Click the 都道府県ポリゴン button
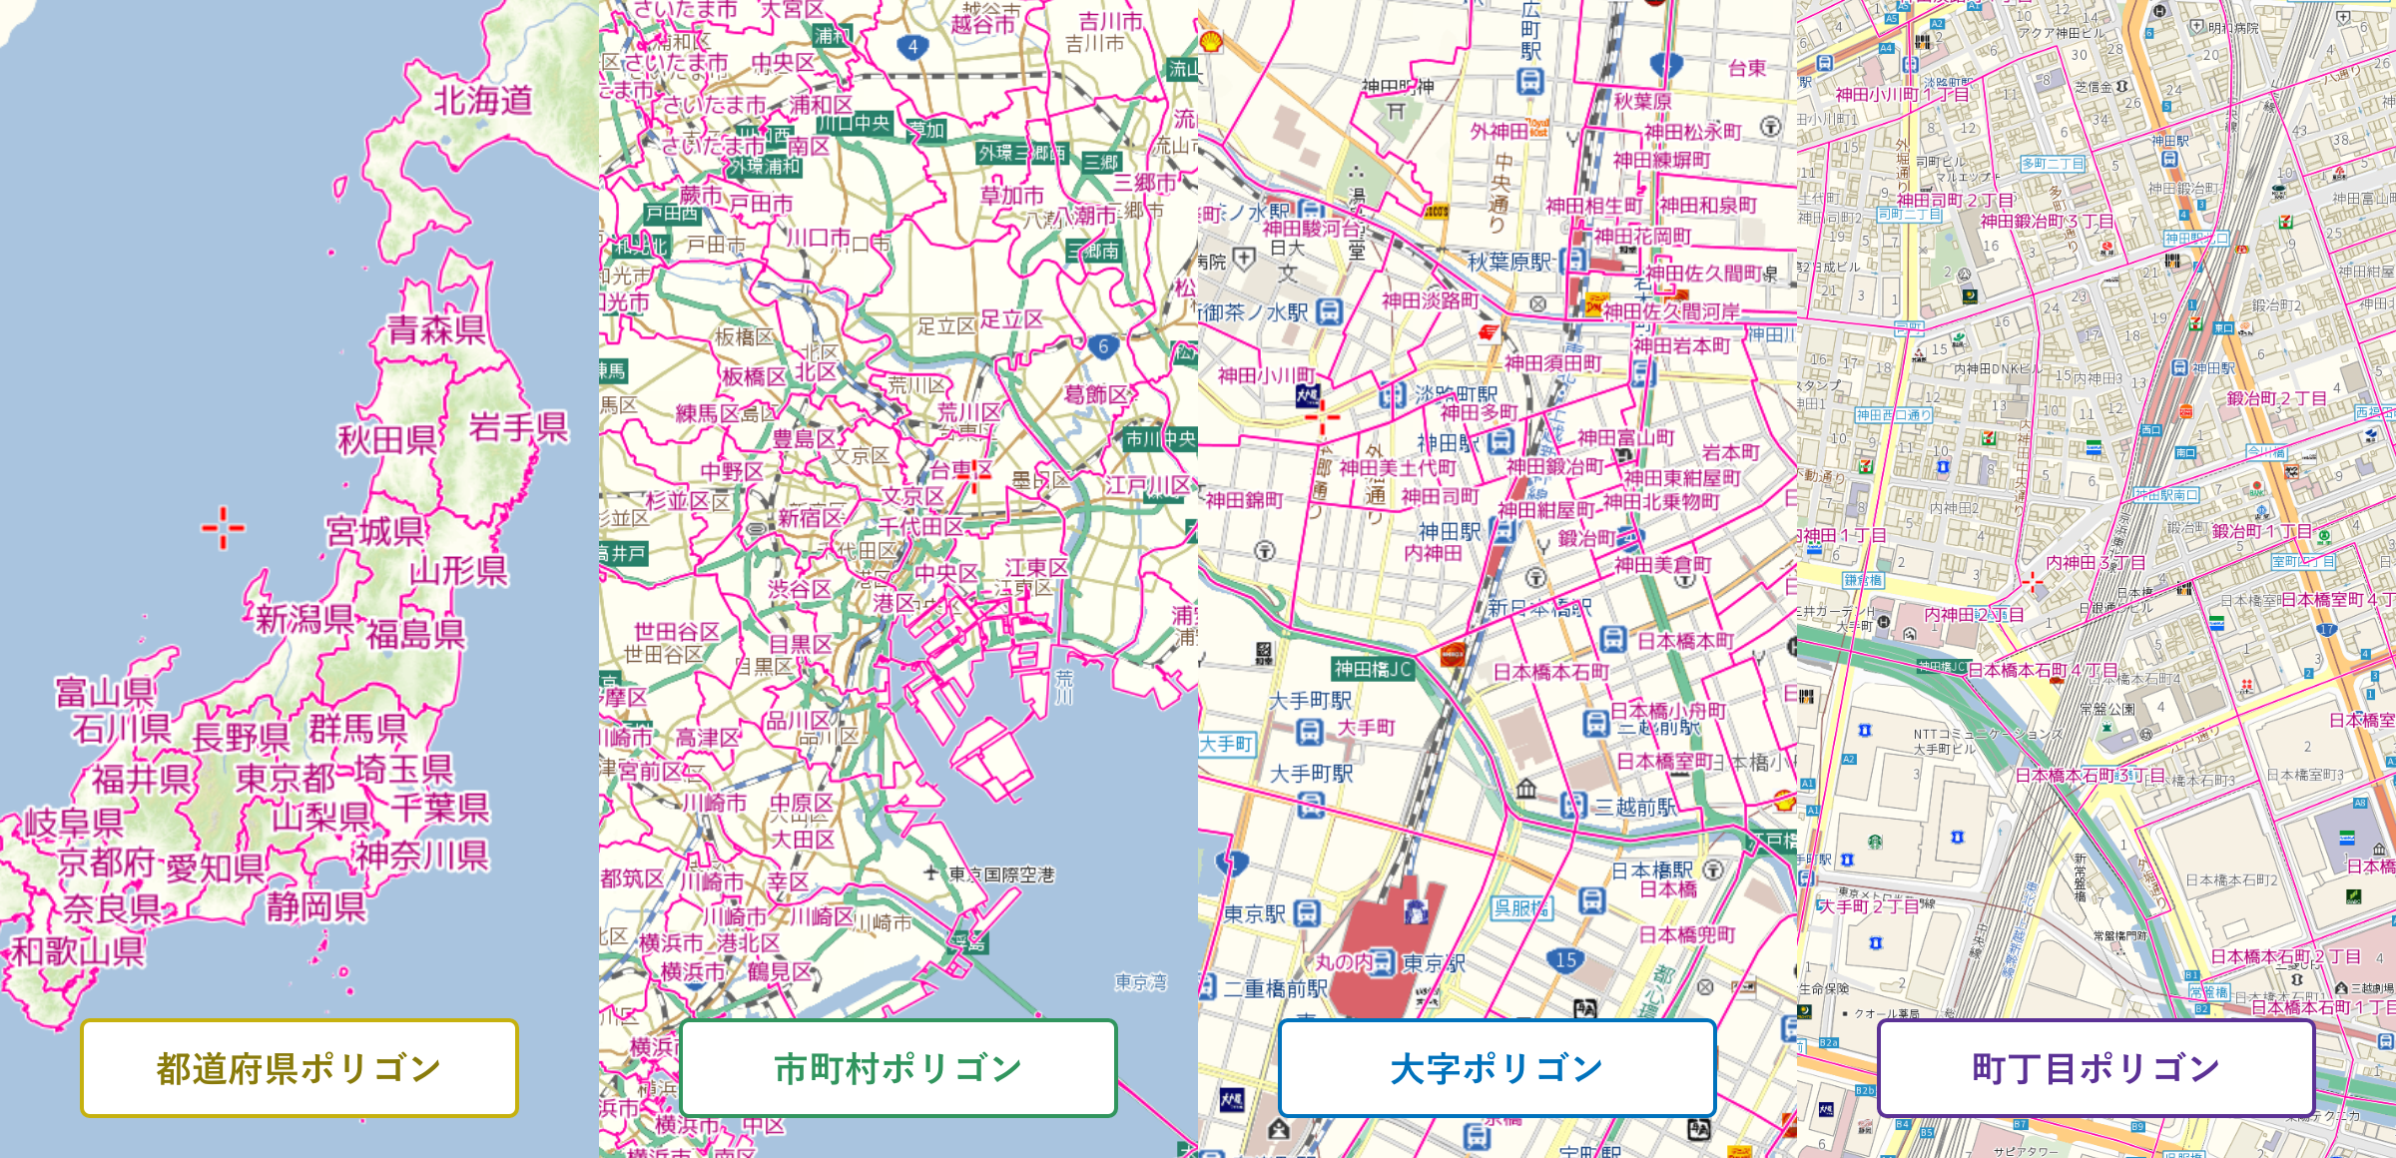coord(299,1067)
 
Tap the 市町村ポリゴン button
coord(898,1067)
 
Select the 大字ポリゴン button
coord(1497,1067)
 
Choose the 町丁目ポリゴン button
coord(2096,1067)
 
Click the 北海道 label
coord(482,101)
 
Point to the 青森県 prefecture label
coord(436,329)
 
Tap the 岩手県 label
coord(518,427)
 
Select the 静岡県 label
coord(315,907)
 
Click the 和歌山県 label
coord(78,950)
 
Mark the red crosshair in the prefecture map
coord(223,528)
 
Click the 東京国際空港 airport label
coord(1001,874)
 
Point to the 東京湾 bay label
coord(1140,982)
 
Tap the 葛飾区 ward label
coord(1095,395)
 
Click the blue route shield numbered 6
coord(1102,346)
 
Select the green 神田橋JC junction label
coord(1373,669)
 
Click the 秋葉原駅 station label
coord(1509,262)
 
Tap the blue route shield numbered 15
coord(1565,960)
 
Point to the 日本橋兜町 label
coord(1687,934)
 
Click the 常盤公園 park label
coord(2107,709)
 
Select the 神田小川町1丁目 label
coord(1902,95)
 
